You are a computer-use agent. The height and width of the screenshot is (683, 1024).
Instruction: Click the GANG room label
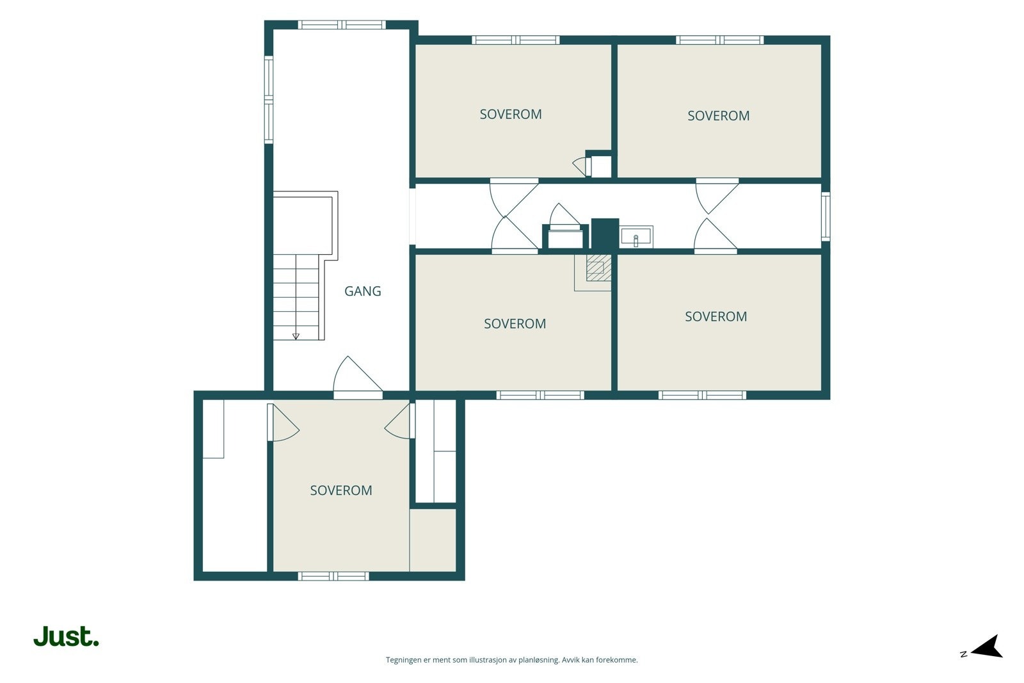point(362,291)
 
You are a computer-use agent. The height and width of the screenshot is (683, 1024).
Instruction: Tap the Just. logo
point(67,636)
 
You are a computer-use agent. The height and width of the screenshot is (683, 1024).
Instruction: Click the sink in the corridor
point(636,237)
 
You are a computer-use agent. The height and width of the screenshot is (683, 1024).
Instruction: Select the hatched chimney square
point(599,268)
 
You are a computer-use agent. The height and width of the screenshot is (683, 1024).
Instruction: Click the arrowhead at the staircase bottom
point(296,337)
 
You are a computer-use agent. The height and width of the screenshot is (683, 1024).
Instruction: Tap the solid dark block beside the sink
point(605,234)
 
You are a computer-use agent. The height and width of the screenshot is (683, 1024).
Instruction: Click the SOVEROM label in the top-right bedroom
point(719,116)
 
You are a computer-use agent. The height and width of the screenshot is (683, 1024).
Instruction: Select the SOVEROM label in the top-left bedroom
point(511,115)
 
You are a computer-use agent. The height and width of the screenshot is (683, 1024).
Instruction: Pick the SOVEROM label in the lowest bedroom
point(341,490)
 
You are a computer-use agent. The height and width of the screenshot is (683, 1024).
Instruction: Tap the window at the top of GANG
point(342,25)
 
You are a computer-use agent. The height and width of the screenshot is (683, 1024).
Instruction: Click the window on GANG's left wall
point(269,100)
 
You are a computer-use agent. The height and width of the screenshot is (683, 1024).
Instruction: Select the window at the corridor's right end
point(826,216)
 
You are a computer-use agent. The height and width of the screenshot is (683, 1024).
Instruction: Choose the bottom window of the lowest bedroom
point(333,576)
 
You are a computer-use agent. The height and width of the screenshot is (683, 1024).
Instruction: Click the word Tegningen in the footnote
point(404,660)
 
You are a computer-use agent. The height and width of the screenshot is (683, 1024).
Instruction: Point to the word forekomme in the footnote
point(620,660)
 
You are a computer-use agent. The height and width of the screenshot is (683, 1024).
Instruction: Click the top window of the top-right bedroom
point(719,40)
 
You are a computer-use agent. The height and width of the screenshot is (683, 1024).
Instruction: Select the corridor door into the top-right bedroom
point(717,196)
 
